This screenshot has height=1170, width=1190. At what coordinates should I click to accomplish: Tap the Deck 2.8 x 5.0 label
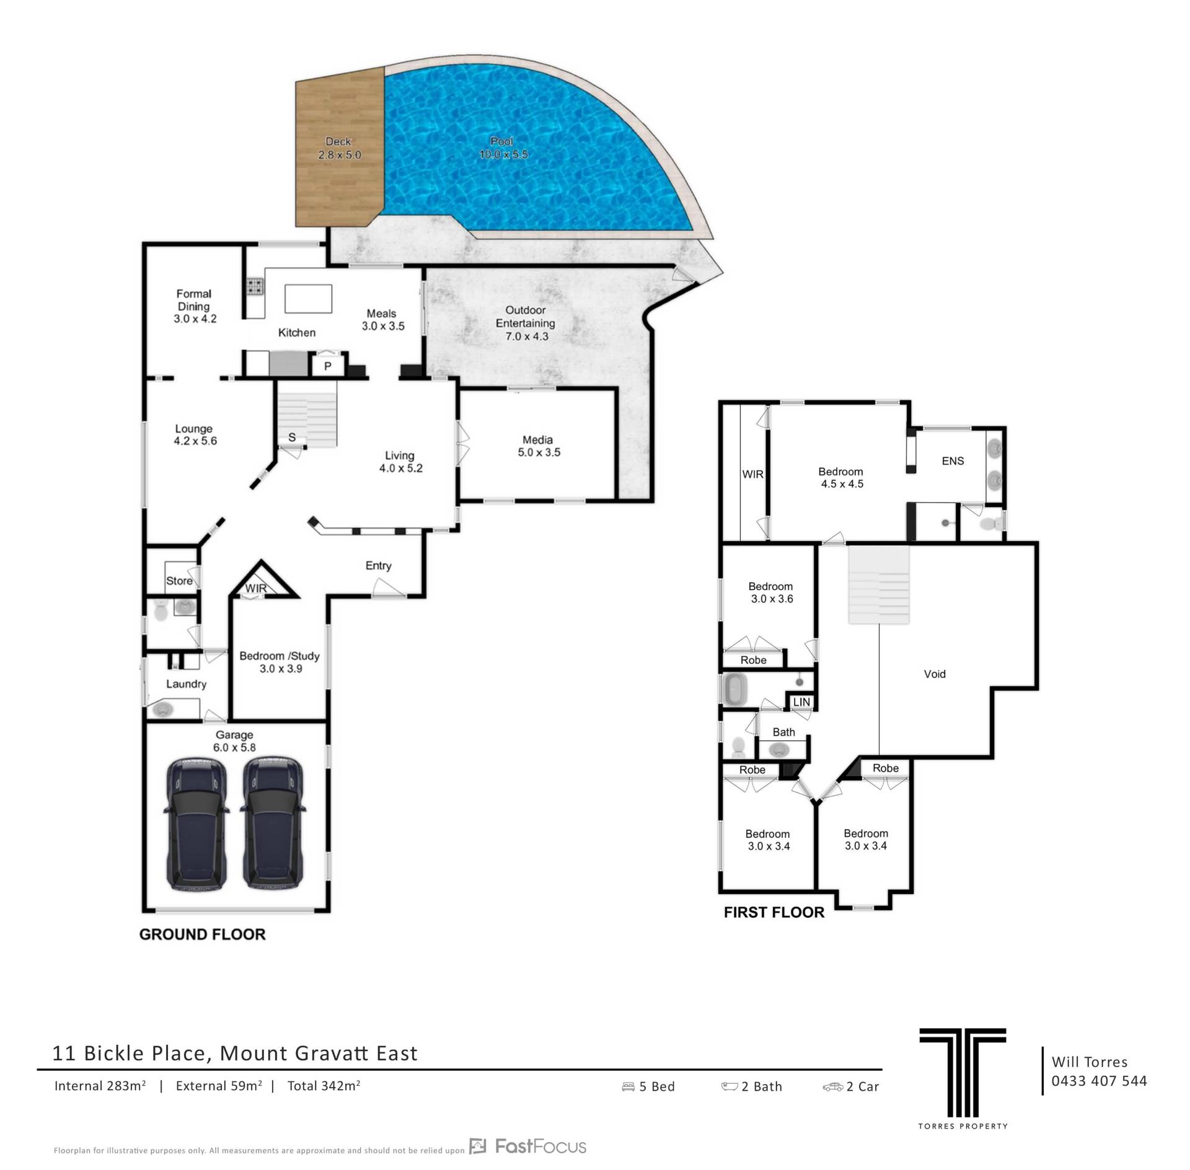[339, 148]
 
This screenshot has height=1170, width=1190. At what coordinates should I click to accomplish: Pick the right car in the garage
[272, 824]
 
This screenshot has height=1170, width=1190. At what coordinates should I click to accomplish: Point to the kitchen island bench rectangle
[308, 299]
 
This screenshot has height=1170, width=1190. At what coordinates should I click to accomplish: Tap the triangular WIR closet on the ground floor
[262, 582]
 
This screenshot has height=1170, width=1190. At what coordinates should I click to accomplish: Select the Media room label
[538, 440]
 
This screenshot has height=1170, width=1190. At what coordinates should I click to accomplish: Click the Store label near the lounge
[179, 581]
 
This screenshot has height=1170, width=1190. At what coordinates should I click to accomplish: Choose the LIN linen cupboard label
[801, 702]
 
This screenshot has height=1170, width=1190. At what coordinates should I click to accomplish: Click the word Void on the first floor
[935, 674]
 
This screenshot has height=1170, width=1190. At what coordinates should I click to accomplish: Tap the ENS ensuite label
[953, 461]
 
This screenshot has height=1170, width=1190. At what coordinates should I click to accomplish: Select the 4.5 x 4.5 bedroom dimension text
[842, 484]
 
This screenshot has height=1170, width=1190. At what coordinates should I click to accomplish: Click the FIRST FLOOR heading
[774, 912]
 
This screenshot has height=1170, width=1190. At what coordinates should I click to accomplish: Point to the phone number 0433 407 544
[1099, 1081]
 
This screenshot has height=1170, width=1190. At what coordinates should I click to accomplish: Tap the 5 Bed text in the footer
[648, 1086]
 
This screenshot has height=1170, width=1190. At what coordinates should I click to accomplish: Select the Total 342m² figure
[324, 1085]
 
